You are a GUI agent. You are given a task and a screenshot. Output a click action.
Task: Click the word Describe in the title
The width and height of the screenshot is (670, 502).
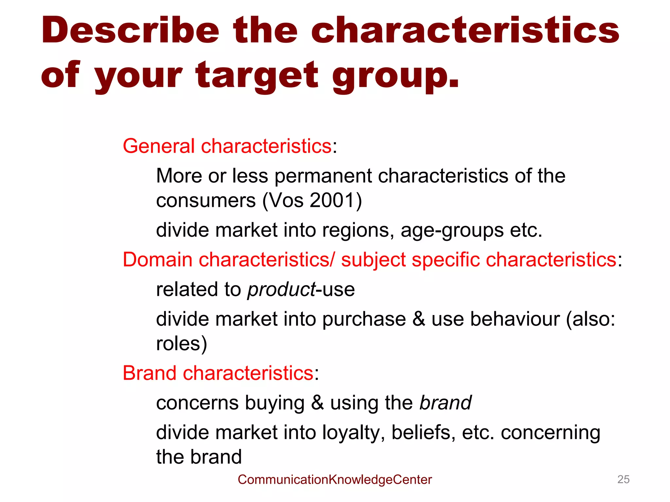(x=130, y=30)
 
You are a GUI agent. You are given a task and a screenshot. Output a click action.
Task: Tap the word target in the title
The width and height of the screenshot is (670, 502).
(x=257, y=76)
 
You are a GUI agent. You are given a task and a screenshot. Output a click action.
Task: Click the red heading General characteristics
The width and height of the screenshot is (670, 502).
(x=227, y=146)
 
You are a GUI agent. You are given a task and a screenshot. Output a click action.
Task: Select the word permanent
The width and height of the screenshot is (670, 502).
(x=323, y=176)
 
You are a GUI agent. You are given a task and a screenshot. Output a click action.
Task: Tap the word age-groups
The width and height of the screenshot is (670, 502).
(x=452, y=230)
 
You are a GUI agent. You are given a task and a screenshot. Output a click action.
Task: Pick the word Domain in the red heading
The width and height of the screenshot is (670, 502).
(x=157, y=260)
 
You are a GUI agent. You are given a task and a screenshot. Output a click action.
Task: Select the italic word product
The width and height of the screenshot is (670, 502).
(x=281, y=290)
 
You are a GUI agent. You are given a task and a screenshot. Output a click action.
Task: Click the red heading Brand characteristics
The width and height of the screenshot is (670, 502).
(x=218, y=373)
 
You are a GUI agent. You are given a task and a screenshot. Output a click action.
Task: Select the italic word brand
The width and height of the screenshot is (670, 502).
(x=446, y=403)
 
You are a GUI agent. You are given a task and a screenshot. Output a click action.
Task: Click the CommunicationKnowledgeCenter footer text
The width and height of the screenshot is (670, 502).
(x=335, y=479)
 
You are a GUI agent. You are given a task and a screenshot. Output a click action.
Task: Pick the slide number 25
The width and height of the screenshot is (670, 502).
(x=623, y=479)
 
